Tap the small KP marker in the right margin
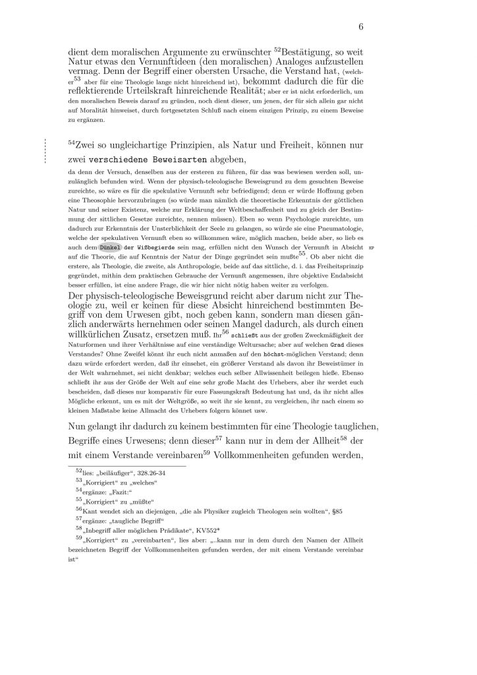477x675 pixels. pos(389,247)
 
